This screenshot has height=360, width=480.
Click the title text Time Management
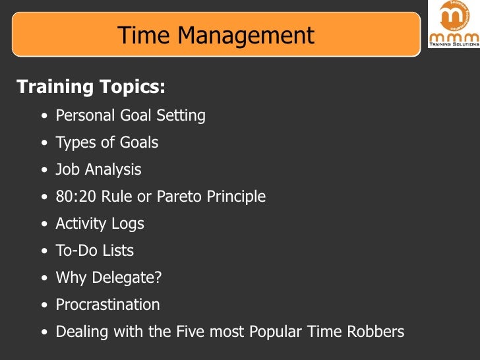[x=216, y=35]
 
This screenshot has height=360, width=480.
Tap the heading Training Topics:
[x=91, y=86]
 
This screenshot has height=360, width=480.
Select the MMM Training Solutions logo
[x=454, y=24]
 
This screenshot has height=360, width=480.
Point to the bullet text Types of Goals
[x=107, y=142]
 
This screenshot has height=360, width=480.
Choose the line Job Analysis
[x=98, y=169]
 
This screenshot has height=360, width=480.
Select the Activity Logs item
[x=100, y=224]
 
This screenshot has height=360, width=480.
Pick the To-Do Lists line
[x=94, y=251]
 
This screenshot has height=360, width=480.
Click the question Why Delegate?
[x=108, y=278]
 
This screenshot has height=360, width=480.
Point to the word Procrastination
[x=107, y=305]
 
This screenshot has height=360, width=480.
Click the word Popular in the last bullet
[x=278, y=331]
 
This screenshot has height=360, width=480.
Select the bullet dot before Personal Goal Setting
[x=44, y=117]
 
